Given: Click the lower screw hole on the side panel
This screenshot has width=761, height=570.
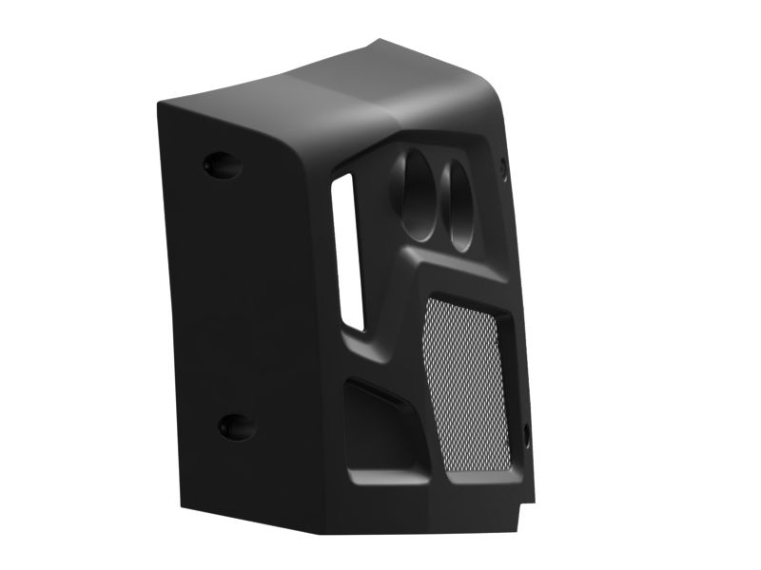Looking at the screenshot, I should point(234,427).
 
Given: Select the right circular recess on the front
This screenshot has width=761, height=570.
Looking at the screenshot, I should point(459,203).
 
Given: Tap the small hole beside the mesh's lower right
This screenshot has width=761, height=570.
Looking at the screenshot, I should point(526,436).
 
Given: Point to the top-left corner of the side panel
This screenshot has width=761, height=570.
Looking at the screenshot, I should point(162,99).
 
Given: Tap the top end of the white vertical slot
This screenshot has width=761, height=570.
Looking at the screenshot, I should point(344,179).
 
